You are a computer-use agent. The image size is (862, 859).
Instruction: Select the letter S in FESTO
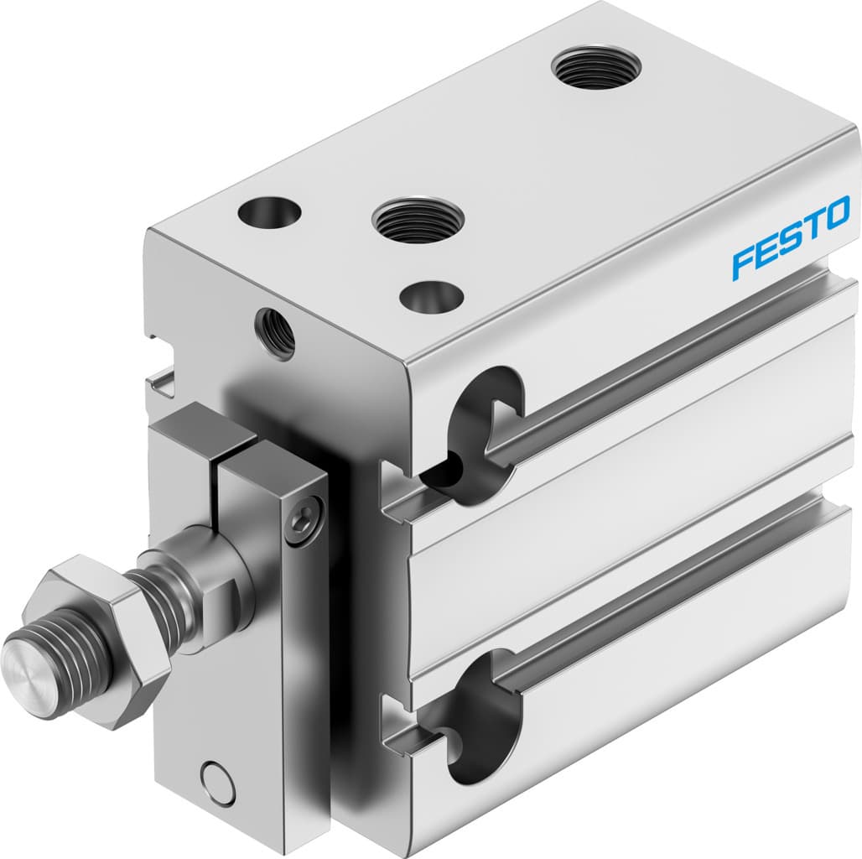[787, 238]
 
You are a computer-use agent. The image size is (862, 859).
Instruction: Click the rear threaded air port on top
[597, 67]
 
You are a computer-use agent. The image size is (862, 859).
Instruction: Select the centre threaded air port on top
[418, 220]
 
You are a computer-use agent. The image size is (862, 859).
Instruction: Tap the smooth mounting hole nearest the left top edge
[268, 211]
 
